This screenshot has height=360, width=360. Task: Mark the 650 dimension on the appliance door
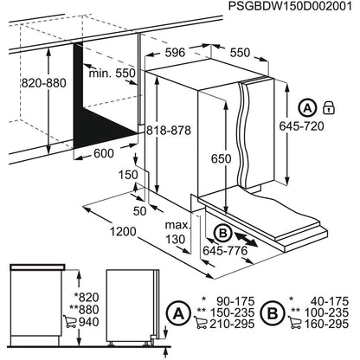[220, 159]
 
